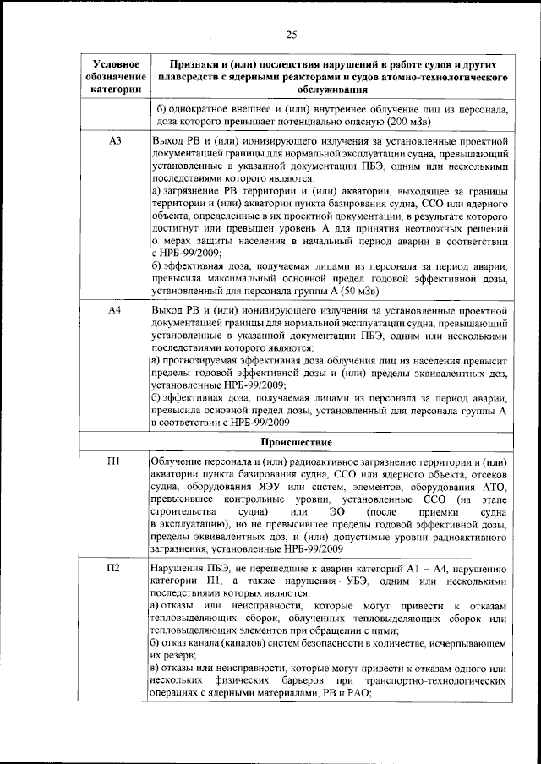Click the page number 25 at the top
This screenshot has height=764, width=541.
[x=292, y=35]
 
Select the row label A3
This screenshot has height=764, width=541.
[x=117, y=139]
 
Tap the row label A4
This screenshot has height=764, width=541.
[x=117, y=311]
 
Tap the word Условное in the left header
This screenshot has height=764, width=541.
[x=117, y=64]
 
